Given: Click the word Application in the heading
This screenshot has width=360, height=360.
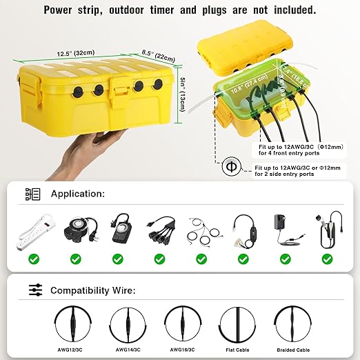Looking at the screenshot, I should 78,194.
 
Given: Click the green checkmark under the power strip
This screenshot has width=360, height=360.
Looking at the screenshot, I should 33,260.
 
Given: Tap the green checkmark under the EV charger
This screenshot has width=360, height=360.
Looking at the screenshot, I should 327,260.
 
